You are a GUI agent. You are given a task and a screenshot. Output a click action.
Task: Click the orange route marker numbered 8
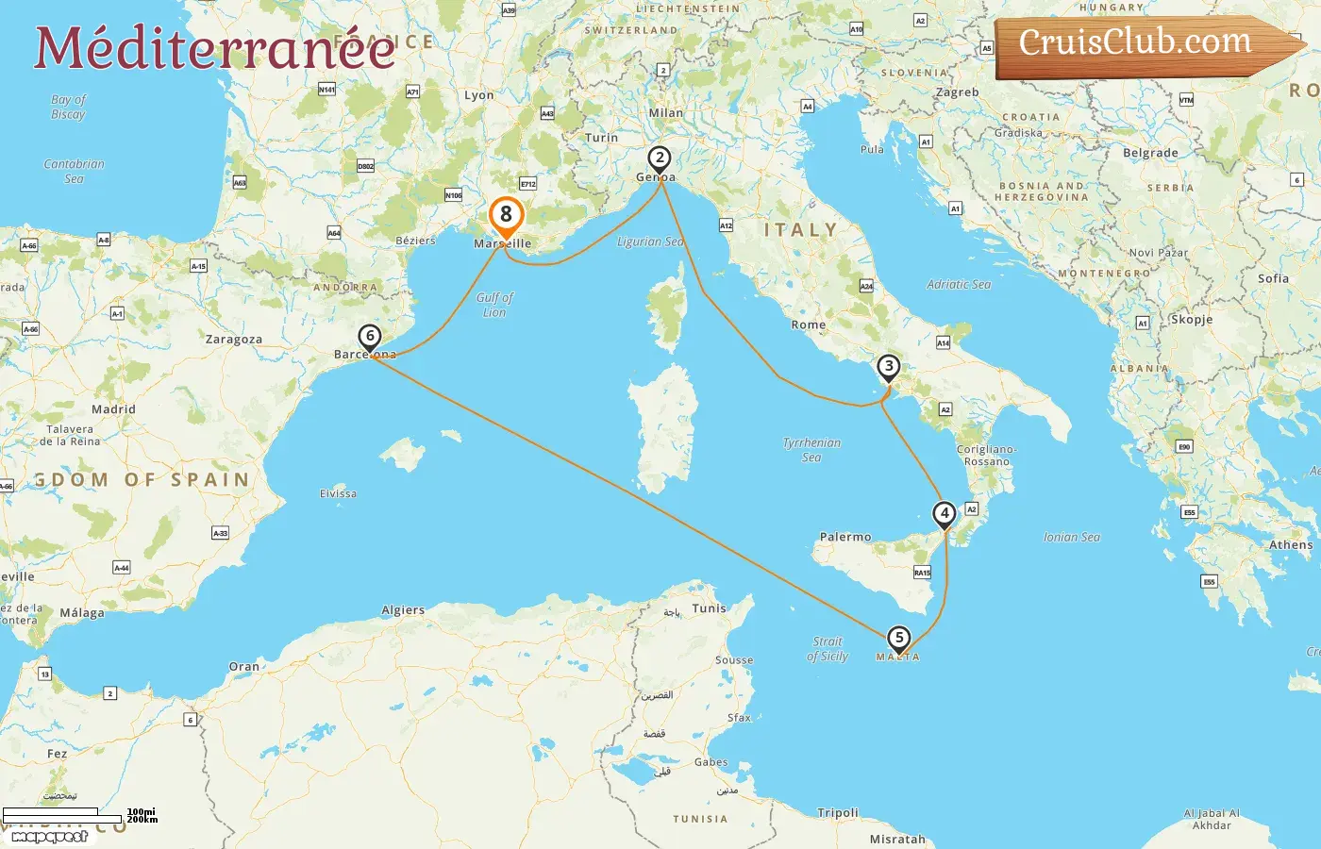click(x=506, y=215)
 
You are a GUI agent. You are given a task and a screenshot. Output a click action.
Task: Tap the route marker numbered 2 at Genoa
click(x=660, y=158)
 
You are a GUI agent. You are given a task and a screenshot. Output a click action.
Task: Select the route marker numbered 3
click(x=888, y=367)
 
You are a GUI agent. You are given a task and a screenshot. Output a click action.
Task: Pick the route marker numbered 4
click(x=945, y=514)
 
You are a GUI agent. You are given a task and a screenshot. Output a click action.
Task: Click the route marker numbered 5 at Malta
click(x=899, y=639)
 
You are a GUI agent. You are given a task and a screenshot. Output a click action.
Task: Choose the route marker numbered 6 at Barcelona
click(x=370, y=337)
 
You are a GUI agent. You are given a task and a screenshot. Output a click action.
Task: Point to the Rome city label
click(x=809, y=325)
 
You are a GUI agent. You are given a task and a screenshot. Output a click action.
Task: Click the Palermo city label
click(x=845, y=537)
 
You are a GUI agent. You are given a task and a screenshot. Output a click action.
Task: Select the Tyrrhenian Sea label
click(x=811, y=450)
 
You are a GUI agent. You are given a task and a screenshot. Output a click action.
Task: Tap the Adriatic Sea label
click(x=959, y=284)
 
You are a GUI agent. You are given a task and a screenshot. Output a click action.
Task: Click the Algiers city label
click(x=403, y=610)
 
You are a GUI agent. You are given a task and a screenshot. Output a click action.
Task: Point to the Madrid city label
click(x=113, y=409)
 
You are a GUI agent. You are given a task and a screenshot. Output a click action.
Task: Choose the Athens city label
click(x=1290, y=545)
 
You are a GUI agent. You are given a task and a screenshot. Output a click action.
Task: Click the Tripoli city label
click(x=838, y=812)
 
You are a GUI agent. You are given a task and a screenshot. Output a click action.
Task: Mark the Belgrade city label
click(x=1150, y=153)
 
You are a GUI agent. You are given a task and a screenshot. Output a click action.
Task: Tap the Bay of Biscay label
click(x=68, y=107)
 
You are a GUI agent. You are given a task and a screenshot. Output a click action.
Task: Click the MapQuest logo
click(x=49, y=836)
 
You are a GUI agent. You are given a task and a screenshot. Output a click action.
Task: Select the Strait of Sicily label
click(x=828, y=649)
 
